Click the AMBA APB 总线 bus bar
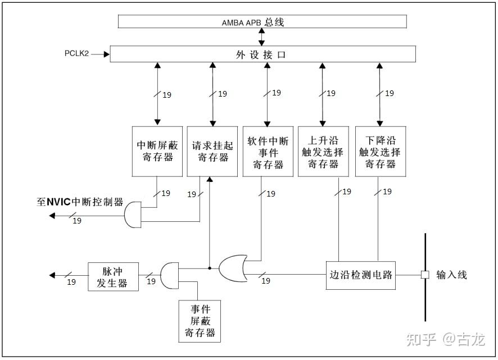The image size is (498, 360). pyautogui.click(x=262, y=21)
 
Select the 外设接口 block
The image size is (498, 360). pyautogui.click(x=262, y=54)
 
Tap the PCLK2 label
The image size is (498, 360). pyautogui.click(x=76, y=54)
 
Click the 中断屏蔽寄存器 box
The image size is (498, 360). pyautogui.click(x=157, y=151)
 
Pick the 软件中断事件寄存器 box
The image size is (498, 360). pyautogui.click(x=267, y=151)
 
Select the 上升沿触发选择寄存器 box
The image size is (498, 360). pyautogui.click(x=323, y=151)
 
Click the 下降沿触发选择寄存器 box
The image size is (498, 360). pyautogui.click(x=379, y=151)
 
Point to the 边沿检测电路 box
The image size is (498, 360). pyautogui.click(x=361, y=275)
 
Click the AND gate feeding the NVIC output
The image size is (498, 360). pyautogui.click(x=132, y=215)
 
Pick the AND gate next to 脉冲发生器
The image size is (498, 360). pyautogui.click(x=169, y=275)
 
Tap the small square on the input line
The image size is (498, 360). pyautogui.click(x=425, y=275)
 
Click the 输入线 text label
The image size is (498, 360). pyautogui.click(x=451, y=275)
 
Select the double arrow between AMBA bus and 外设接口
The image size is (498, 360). pyautogui.click(x=262, y=37)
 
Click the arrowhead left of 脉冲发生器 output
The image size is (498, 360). pyautogui.click(x=53, y=275)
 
